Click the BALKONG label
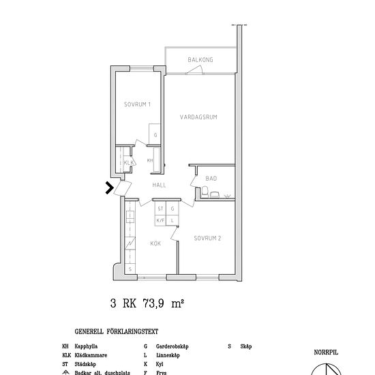[200, 60]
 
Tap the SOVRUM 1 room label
[137, 104]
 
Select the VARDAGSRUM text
[198, 117]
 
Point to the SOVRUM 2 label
[207, 239]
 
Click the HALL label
[160, 185]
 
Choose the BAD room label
[211, 179]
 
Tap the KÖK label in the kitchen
[155, 243]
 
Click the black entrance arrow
[109, 187]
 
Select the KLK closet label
[127, 162]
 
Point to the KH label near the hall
[150, 160]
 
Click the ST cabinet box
[161, 209]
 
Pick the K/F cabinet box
[161, 220]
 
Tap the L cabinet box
[173, 220]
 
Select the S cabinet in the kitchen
[130, 269]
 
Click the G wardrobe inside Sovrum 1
[155, 135]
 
